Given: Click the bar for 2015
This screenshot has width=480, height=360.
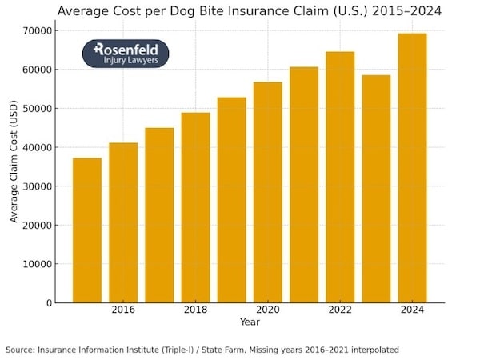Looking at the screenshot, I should point(87,230).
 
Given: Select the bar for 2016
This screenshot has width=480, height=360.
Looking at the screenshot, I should point(123,222).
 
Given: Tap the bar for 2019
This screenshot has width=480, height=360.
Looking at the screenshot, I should point(232,200).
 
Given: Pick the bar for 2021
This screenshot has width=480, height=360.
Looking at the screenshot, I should point(304,185).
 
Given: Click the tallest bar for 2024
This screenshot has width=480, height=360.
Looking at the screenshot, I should point(412,168).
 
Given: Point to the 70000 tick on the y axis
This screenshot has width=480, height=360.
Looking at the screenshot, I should point(40,30).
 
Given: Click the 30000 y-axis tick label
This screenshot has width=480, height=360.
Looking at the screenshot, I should point(40,186).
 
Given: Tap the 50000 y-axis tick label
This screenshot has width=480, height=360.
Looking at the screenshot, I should point(40,109).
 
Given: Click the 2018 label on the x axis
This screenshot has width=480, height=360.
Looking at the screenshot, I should point(195,310).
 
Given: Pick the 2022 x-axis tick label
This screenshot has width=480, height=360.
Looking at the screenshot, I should point(340,310).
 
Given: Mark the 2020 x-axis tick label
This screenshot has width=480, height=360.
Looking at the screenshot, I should point(268,310).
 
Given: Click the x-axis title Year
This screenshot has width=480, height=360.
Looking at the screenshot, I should point(250,322).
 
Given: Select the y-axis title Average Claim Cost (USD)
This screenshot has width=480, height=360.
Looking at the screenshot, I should point(14,166).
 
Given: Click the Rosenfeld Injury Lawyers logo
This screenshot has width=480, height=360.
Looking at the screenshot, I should point(126,54).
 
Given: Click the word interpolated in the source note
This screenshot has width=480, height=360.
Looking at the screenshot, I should point(372,350).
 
